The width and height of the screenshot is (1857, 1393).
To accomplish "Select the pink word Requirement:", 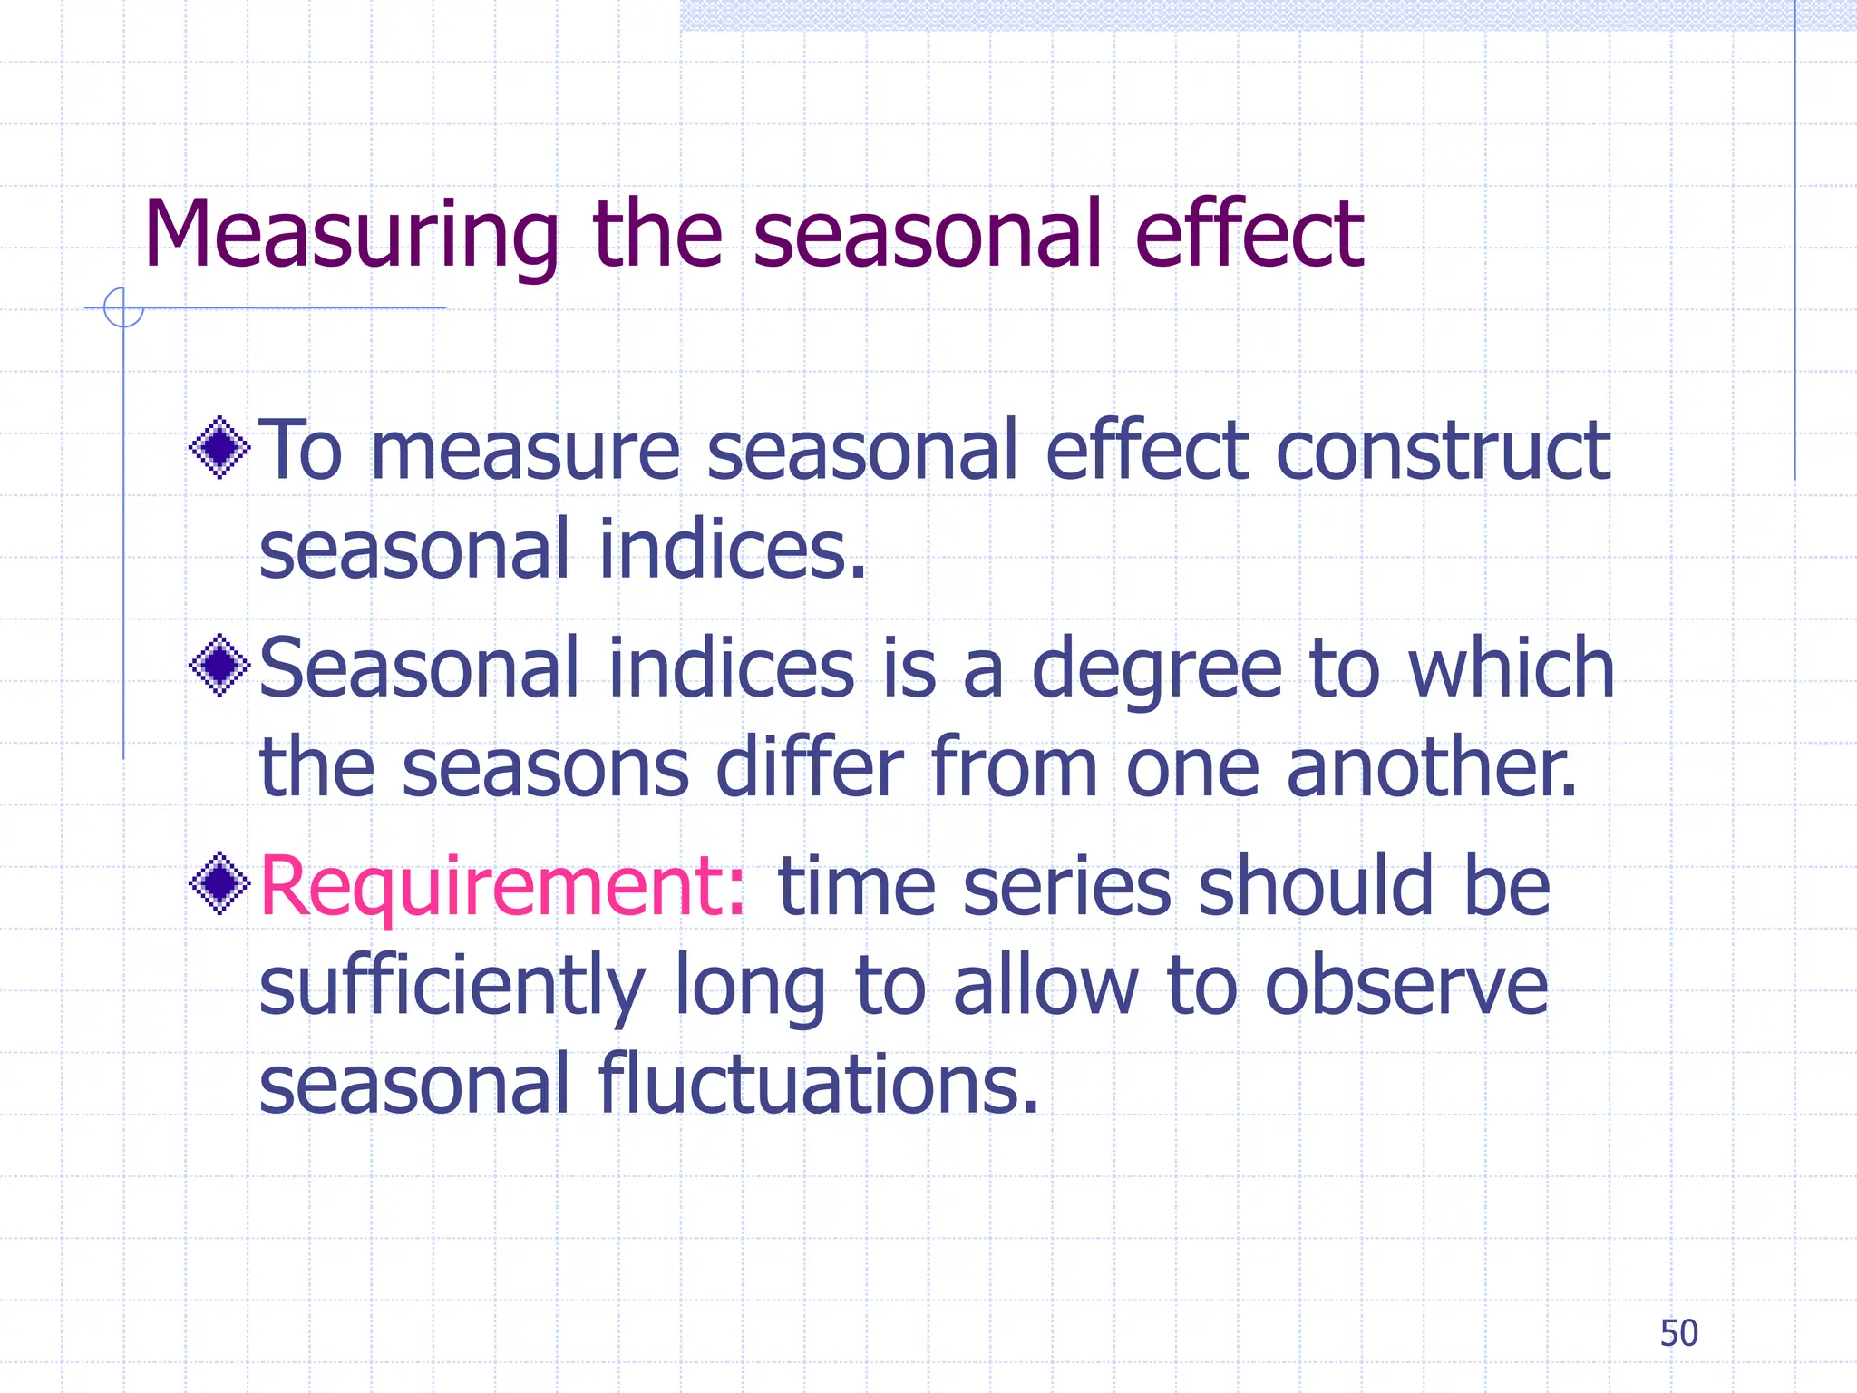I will (502, 886).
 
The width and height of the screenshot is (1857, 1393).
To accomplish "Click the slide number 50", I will (1678, 1333).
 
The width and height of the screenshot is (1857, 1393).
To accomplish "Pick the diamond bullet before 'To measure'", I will (219, 447).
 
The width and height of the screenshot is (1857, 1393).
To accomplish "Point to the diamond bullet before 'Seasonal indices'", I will (219, 667).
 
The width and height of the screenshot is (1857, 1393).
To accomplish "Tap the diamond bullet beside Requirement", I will (219, 883).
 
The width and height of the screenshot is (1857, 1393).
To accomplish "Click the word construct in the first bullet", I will (1443, 451).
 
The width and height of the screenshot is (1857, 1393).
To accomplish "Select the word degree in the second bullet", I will (1157, 669).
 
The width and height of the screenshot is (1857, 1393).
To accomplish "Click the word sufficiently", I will (452, 987).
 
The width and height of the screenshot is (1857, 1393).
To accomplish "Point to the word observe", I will (1406, 987).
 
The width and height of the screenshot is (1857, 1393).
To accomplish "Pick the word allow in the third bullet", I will (1045, 987).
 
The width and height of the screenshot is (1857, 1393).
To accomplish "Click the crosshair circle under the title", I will (123, 307).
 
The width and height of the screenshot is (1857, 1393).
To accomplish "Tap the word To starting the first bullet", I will (300, 451).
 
